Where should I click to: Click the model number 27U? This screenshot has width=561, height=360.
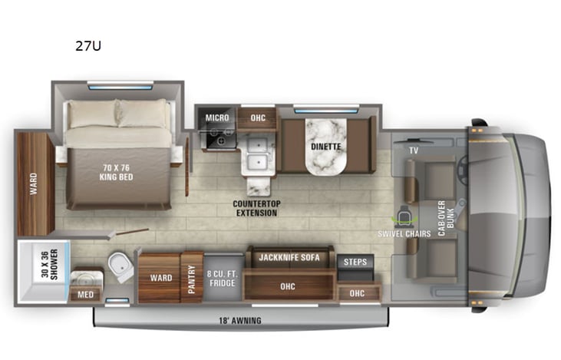[x=87, y=45]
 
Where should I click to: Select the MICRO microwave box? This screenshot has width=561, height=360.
[x=217, y=117]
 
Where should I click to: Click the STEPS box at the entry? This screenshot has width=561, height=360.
[x=355, y=263]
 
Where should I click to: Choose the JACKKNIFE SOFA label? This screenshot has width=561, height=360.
[x=288, y=256]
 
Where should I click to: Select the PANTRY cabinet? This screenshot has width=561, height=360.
[x=191, y=276]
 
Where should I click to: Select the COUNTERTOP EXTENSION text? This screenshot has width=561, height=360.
[x=256, y=207]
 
